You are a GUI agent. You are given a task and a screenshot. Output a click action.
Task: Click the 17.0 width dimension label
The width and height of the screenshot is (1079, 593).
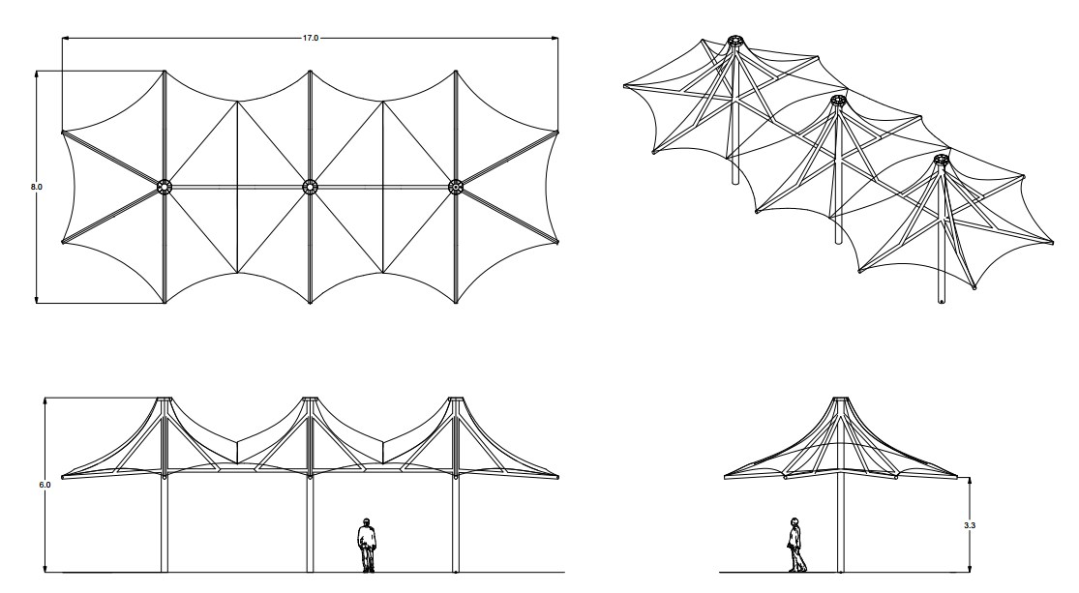[311, 38]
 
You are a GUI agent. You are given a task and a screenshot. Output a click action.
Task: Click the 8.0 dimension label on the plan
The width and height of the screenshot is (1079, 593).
[37, 187]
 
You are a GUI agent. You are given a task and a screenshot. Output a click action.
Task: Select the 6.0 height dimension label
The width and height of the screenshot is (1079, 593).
[45, 485]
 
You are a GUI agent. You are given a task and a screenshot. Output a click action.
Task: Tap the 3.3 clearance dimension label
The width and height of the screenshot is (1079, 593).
[970, 525]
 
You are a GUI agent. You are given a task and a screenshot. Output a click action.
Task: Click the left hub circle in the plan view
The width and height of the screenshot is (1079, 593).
[164, 187]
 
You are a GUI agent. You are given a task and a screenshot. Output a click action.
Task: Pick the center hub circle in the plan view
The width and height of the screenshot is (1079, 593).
[310, 187]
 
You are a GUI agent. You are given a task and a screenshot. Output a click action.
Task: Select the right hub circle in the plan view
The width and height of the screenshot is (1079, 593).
[456, 187]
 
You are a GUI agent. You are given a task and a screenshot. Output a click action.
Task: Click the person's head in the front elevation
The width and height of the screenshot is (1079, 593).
[367, 521]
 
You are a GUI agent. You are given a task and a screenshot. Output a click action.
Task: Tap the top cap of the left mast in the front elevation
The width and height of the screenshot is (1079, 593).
[164, 399]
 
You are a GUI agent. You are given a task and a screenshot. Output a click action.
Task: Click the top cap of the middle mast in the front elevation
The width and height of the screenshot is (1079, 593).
[310, 399]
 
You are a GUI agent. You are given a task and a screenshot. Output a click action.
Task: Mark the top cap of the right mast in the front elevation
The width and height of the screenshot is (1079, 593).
[456, 399]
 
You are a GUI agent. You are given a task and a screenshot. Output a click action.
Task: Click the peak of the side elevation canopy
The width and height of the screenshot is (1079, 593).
[840, 399]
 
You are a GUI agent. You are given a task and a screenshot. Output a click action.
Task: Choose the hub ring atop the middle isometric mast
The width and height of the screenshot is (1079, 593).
[837, 102]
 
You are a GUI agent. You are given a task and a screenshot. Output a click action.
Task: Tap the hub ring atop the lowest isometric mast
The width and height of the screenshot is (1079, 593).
[941, 161]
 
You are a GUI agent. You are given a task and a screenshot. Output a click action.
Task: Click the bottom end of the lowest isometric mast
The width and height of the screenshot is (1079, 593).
[942, 301]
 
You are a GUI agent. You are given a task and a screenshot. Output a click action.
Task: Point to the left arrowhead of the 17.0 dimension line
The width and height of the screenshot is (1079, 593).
[66, 38]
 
